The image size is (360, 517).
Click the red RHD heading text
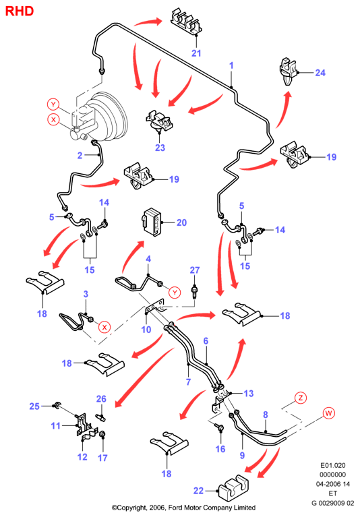[x=20, y=11]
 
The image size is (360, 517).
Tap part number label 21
[x=196, y=53]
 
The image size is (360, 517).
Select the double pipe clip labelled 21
[x=186, y=21]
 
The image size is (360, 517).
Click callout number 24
[x=320, y=73]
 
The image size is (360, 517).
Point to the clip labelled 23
[x=159, y=121]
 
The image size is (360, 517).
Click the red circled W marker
[x=329, y=413]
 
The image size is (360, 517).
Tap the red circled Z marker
[x=300, y=398]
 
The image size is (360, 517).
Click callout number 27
[x=195, y=270]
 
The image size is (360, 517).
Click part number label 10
[x=146, y=330]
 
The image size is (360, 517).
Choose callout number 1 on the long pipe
[x=231, y=65]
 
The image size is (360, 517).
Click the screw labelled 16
[x=220, y=427]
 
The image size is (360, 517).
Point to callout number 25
[x=34, y=406]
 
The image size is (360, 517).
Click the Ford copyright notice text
[x=183, y=508]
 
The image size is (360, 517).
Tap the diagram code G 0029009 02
[x=333, y=503]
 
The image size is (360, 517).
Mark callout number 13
[x=249, y=394]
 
